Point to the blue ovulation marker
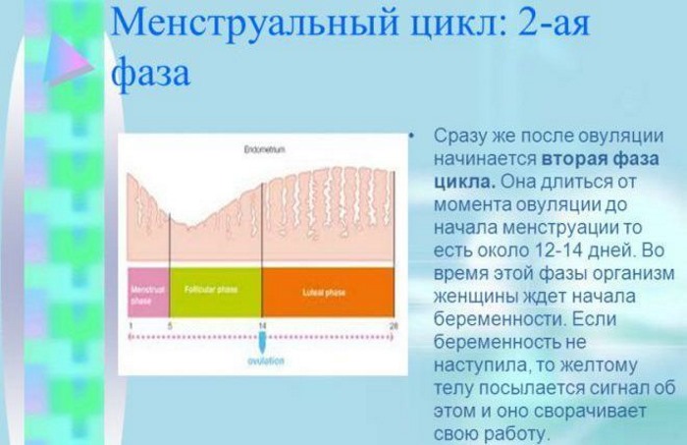click(x=263, y=341)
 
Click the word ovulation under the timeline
click(x=263, y=361)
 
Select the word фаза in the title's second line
click(x=149, y=74)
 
